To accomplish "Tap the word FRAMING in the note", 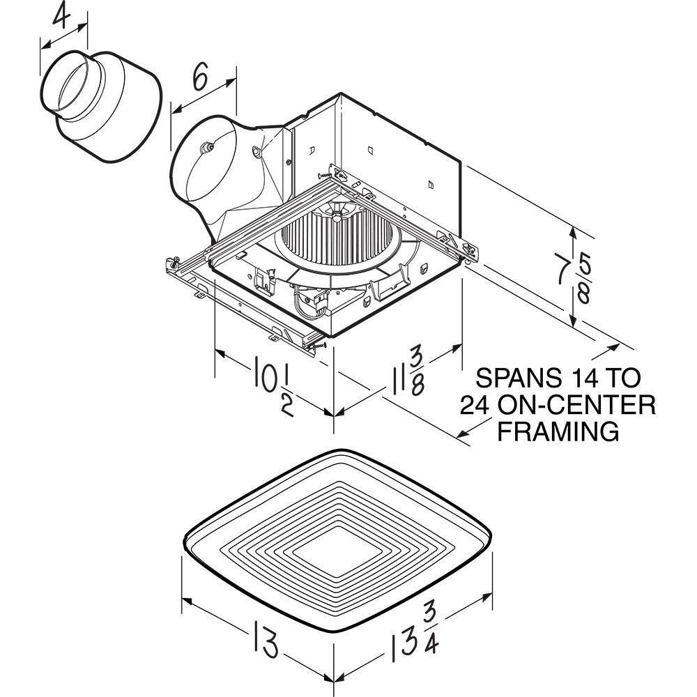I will (558, 431).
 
